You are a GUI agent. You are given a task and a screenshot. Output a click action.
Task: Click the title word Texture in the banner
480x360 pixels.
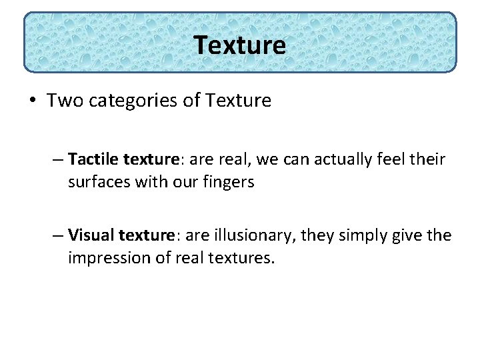coord(240,45)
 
